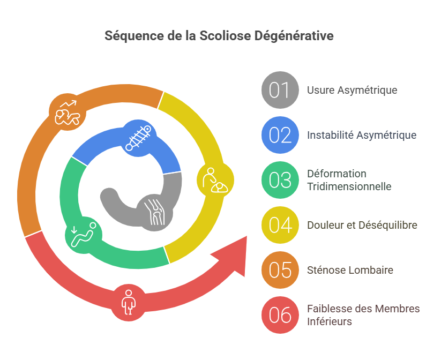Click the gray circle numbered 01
point(280,90)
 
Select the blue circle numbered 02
point(280,135)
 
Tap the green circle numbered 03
point(280,180)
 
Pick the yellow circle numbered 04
point(280,225)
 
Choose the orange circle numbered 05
point(280,270)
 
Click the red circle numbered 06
point(280,315)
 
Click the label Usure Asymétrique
point(352,90)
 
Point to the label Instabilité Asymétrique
point(362,135)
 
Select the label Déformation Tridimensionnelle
point(349,180)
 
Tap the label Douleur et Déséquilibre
point(362,225)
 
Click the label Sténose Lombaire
point(350,270)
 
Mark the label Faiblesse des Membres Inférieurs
point(363,315)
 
